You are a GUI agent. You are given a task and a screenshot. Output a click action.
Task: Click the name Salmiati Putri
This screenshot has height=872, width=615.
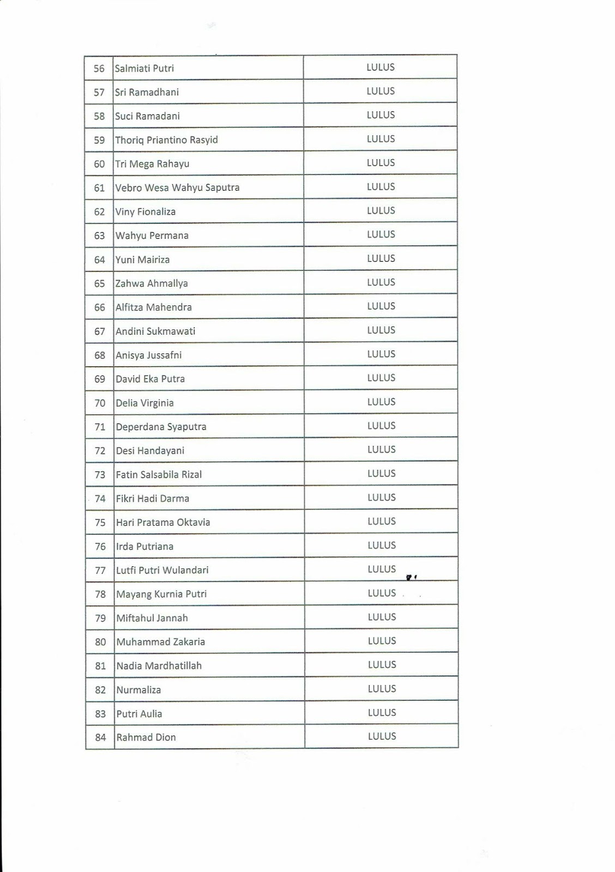coord(144,69)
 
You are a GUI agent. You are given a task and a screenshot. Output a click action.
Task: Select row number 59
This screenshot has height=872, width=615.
coord(99,140)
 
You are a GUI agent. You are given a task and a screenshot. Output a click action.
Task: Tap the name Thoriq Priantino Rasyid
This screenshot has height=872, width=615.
coord(166,140)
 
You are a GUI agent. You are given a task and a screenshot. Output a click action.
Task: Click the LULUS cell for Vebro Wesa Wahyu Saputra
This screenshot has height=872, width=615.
coord(381,187)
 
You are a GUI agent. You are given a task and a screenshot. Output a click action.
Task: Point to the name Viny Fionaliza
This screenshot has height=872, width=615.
coord(145,212)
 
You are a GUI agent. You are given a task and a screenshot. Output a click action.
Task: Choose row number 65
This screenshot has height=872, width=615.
coord(99,283)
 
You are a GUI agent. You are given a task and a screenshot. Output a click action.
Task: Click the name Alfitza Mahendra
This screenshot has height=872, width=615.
coord(153,307)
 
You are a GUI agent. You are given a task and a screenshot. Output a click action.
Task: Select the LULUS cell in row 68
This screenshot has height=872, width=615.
coord(381,354)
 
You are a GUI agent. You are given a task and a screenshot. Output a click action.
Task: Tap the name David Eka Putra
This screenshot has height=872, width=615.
coord(150,379)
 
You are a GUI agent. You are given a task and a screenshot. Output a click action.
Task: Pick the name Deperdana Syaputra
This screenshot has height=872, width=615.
coord(161,427)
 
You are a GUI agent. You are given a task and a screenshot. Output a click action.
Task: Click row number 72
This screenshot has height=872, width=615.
coord(100,451)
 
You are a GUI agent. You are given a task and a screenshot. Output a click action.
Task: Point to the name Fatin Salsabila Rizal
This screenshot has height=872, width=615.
coord(159,475)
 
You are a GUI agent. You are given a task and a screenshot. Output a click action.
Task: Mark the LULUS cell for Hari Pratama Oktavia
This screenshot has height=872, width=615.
coord(381,522)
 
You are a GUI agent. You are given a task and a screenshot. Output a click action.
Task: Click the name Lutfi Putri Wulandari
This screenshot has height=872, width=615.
coord(162,571)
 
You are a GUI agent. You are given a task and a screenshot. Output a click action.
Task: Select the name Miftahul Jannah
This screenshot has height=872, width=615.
coord(152,618)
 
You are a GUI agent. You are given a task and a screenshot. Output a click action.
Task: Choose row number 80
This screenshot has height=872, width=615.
coord(100,642)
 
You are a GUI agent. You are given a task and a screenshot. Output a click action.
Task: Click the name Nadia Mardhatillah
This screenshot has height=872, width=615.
coord(159,666)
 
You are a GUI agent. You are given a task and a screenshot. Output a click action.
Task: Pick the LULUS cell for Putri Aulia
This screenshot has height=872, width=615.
coord(382,713)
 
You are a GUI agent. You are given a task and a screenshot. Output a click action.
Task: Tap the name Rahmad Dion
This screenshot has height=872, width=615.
coord(146,738)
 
